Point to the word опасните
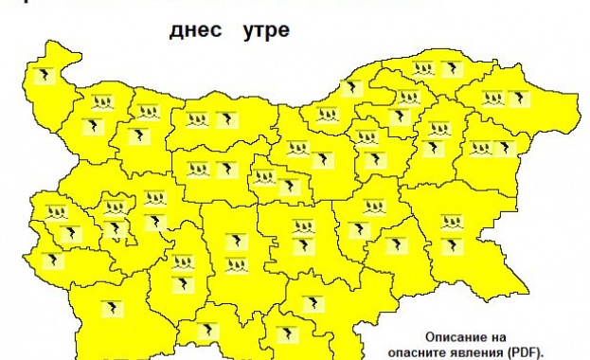coord(420,351)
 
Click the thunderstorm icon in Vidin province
coord(43,73)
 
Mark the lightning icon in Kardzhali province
coord(285,334)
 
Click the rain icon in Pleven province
coord(199,120)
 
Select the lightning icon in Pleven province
coord(226,119)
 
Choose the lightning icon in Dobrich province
coord(518,97)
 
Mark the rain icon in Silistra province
coord(423,68)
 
